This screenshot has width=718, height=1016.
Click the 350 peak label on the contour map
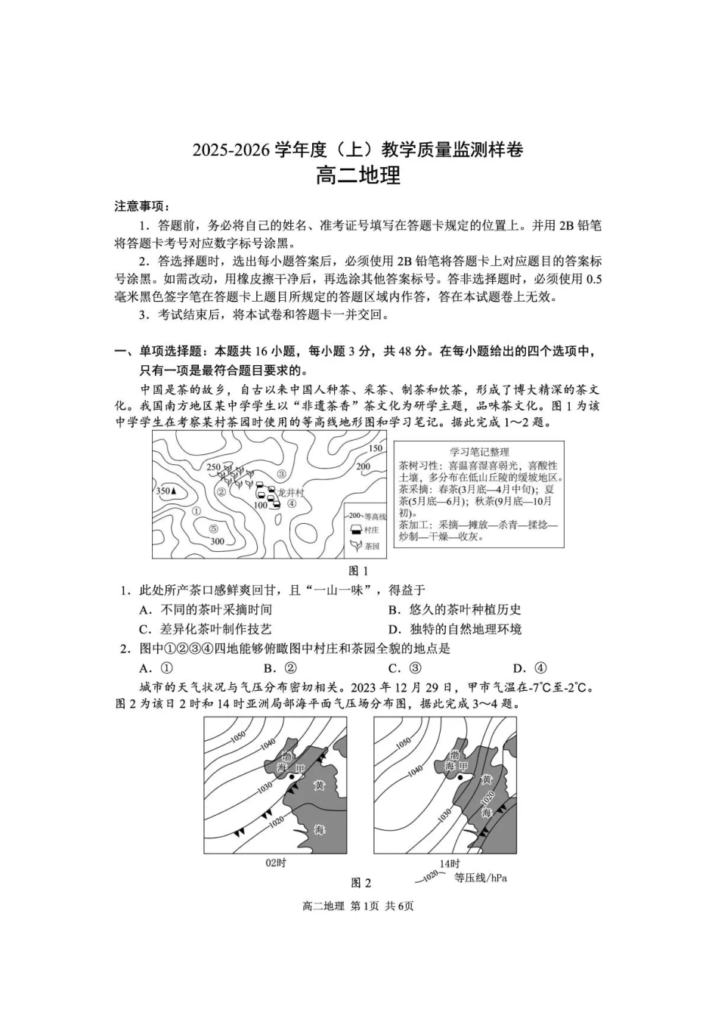tap(166, 491)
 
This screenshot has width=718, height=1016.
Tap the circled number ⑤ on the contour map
tap(213, 528)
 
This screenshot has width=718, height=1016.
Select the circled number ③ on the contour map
tap(281, 474)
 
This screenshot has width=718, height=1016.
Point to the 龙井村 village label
tap(290, 492)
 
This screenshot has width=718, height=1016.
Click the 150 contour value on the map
tap(376, 448)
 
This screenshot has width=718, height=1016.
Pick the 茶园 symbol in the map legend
tap(354, 545)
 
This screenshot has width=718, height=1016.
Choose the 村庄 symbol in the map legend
tap(354, 530)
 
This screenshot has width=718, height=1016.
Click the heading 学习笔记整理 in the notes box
tap(479, 451)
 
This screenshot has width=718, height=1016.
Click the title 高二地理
tap(357, 175)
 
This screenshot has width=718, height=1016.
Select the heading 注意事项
tap(141, 206)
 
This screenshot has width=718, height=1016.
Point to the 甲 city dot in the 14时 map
tap(459, 776)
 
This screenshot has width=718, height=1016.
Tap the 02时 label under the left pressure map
tap(276, 863)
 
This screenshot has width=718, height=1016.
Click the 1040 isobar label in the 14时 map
tap(414, 770)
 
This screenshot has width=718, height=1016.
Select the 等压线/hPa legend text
tap(480, 878)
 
